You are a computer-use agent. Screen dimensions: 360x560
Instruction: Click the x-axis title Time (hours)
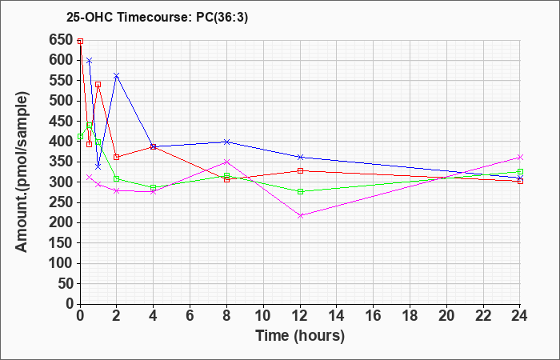pyautogui.click(x=300, y=336)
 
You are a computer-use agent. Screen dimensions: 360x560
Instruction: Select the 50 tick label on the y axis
pyautogui.click(x=65, y=283)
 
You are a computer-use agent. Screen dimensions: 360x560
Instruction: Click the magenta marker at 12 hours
pyautogui.click(x=300, y=215)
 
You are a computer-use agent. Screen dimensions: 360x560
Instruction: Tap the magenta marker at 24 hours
pyautogui.click(x=520, y=157)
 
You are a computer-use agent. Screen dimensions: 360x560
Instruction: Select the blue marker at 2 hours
pyautogui.click(x=117, y=75)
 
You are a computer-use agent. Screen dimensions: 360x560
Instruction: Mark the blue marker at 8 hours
pyautogui.click(x=227, y=142)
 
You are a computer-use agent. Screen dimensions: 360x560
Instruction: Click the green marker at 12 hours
pyautogui.click(x=300, y=191)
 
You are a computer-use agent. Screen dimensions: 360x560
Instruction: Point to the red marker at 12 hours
pyautogui.click(x=300, y=170)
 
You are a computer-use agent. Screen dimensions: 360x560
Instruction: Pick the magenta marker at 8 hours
pyautogui.click(x=227, y=162)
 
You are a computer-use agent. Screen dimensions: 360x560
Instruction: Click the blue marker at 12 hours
pyautogui.click(x=300, y=157)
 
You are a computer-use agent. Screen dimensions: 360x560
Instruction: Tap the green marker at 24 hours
pyautogui.click(x=520, y=172)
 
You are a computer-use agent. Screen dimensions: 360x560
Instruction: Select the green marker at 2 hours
pyautogui.click(x=117, y=178)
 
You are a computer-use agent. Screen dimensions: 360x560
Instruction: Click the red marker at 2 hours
pyautogui.click(x=117, y=157)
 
